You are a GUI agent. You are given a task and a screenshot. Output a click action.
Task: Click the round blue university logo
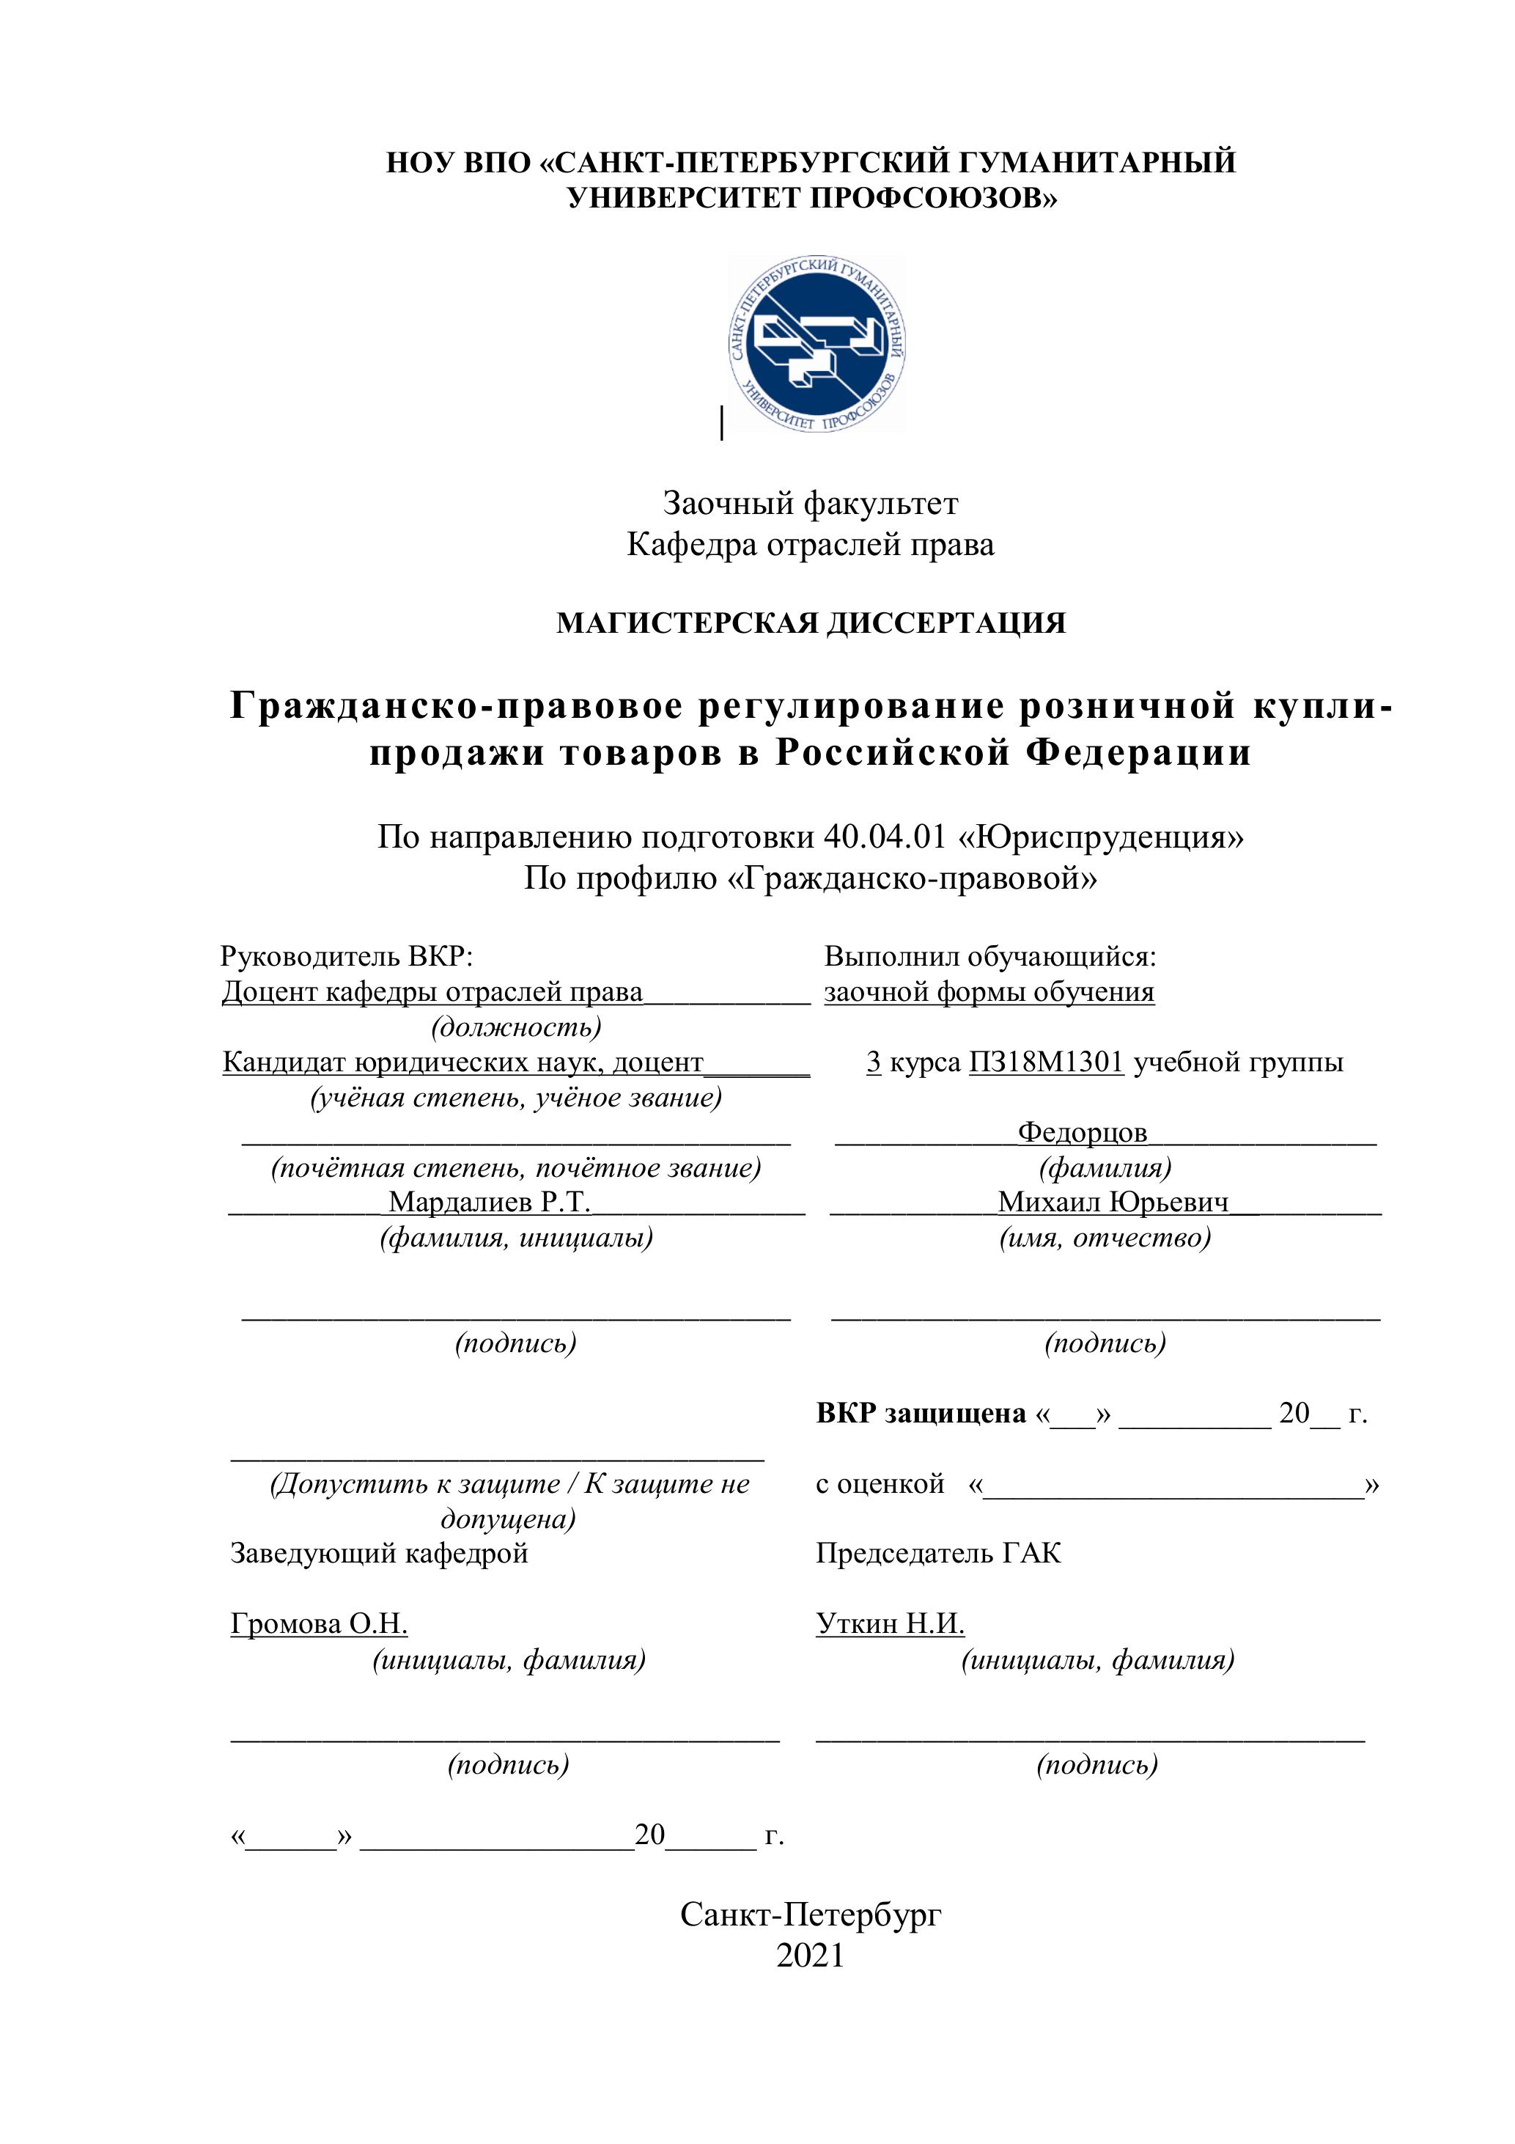tap(817, 344)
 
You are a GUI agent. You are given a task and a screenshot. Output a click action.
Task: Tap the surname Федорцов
tap(1082, 1133)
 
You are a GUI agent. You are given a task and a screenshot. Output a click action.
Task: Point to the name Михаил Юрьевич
tap(1113, 1202)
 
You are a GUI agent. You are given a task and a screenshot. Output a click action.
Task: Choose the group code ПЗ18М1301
tap(1045, 1062)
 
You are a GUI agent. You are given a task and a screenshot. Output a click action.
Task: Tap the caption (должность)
tap(515, 1027)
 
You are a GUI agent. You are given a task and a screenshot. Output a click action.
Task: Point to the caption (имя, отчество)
tap(1105, 1238)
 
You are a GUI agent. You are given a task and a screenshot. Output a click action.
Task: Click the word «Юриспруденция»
tap(1101, 837)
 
